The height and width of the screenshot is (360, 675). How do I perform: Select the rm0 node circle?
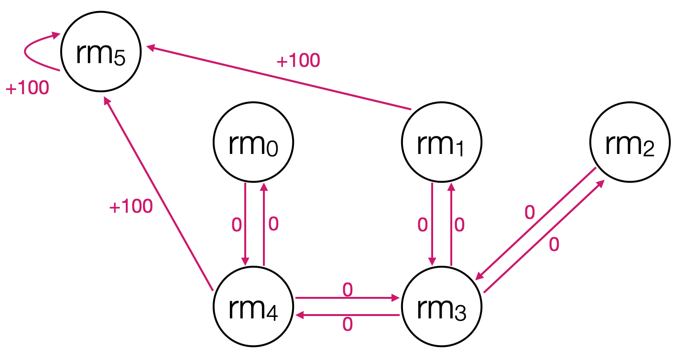(253, 142)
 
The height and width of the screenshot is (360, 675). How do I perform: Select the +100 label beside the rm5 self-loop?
(27, 88)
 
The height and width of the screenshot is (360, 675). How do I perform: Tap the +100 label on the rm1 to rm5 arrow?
(298, 61)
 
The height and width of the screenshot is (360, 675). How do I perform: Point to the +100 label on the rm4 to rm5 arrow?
(131, 207)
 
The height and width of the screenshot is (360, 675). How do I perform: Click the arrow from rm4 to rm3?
(348, 298)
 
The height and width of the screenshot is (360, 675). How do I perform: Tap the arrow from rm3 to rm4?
(348, 315)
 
